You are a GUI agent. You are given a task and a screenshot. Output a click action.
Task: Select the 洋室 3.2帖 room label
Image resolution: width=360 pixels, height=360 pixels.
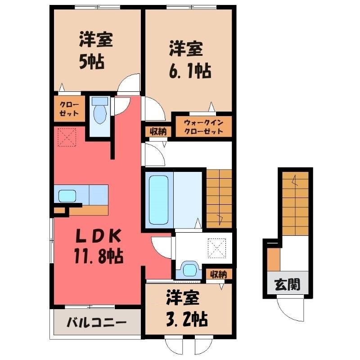pyautogui.click(x=186, y=308)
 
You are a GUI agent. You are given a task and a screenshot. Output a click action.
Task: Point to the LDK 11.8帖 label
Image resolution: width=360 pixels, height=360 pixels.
pyautogui.click(x=99, y=246)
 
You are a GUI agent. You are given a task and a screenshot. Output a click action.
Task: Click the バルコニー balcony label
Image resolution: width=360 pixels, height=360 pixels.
pyautogui.click(x=96, y=323)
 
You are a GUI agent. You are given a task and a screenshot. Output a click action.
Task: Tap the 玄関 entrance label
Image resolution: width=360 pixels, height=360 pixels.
pyautogui.click(x=287, y=284)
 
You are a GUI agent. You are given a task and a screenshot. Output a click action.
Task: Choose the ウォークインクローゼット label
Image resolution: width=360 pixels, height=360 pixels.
pyautogui.click(x=204, y=127)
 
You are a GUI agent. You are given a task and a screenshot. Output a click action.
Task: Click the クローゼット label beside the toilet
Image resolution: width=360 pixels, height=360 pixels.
pyautogui.click(x=69, y=109)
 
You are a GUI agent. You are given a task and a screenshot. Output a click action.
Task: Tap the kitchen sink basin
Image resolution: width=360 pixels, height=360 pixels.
pyautogui.click(x=67, y=196)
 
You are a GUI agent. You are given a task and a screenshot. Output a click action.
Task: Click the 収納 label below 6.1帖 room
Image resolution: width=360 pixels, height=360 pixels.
pyautogui.click(x=158, y=132)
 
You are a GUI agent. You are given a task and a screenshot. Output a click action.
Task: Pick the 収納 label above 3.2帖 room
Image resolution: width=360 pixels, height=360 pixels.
pyautogui.click(x=219, y=274)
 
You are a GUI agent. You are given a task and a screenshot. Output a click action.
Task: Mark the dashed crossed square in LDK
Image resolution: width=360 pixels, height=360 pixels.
pyautogui.click(x=67, y=137)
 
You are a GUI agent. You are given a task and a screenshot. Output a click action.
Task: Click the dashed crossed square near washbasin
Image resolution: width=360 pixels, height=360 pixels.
pyautogui.click(x=217, y=248)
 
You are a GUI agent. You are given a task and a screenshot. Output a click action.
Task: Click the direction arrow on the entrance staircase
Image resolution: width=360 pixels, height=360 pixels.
pyautogui.click(x=295, y=181)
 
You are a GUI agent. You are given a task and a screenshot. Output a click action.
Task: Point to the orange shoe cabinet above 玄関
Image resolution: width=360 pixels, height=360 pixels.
pyautogui.click(x=274, y=260)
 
